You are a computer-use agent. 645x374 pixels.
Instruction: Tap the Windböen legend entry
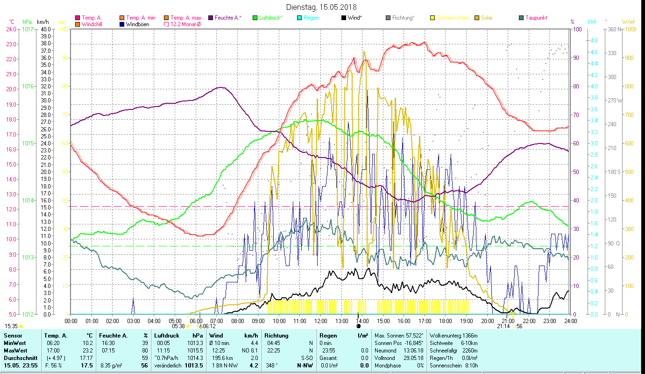137,24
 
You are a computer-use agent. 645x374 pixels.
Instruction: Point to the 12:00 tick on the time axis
320,321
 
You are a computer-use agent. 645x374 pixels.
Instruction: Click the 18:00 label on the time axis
446,321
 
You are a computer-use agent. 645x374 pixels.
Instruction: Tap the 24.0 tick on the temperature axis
11,29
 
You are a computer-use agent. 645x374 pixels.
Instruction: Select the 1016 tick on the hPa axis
28,86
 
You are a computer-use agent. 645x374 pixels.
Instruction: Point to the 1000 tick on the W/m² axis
630,29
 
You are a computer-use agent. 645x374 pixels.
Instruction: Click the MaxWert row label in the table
15,350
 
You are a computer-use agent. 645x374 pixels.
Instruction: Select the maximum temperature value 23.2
87,350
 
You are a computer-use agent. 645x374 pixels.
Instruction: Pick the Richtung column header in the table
276,336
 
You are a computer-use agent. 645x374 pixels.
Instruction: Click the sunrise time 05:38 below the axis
178,326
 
